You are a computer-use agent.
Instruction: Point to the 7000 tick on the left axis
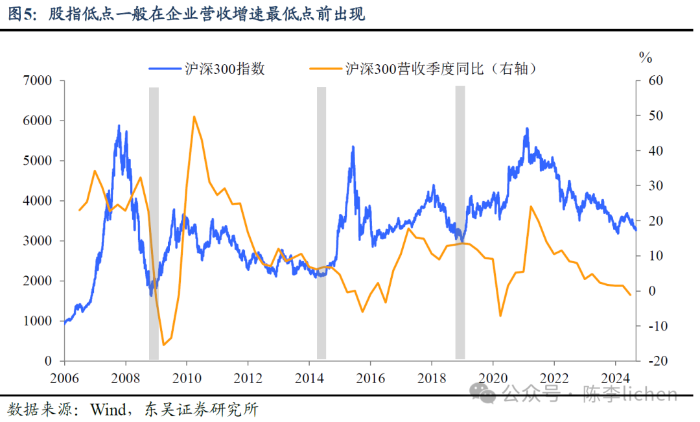pos(38,80)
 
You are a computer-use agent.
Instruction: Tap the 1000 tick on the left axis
pos(38,321)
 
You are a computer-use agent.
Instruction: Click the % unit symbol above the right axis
pos(645,58)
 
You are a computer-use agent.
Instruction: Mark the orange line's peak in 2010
pos(194,117)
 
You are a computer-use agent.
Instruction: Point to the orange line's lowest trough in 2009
pos(163,345)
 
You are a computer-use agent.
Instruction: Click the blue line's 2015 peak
pos(353,147)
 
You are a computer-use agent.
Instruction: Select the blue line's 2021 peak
pos(527,128)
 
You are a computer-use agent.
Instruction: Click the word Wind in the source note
pos(109,410)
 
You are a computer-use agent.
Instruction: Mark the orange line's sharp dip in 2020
pos(500,316)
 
